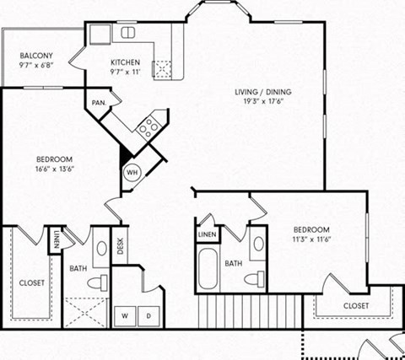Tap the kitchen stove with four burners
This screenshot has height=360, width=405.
coord(149,127)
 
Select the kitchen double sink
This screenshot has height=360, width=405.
coord(128,33)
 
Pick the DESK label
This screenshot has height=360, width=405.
coord(120,244)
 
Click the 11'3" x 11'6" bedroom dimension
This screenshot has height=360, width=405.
coord(310,239)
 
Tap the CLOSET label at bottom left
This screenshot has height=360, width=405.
coord(31,283)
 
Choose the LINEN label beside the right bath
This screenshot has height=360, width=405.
coord(208,234)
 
